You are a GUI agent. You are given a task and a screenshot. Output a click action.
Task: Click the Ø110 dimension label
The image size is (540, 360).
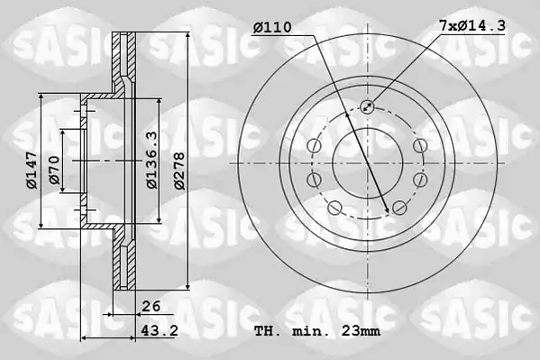pyautogui.click(x=272, y=27)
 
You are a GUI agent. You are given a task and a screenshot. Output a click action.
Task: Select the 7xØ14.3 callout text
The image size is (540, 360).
pyautogui.click(x=472, y=25)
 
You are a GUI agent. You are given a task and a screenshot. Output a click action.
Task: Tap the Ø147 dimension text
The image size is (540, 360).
pyautogui.click(x=32, y=170)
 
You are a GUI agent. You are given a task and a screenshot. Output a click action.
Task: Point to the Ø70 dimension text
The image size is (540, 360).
pyautogui.click(x=54, y=170)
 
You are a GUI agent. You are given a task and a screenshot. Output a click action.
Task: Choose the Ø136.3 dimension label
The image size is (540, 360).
pyautogui.click(x=152, y=160)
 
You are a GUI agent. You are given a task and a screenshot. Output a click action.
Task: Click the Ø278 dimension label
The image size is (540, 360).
pyautogui.click(x=179, y=171)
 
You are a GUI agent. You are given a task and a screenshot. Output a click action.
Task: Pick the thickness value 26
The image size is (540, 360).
pyautogui.click(x=151, y=306)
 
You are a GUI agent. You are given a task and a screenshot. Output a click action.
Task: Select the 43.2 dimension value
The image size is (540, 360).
pyautogui.click(x=160, y=331)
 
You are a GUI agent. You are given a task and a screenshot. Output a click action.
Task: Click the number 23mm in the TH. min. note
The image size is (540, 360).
pyautogui.click(x=361, y=331)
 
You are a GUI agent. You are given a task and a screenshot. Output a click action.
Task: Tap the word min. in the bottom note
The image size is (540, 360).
pyautogui.click(x=307, y=331)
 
